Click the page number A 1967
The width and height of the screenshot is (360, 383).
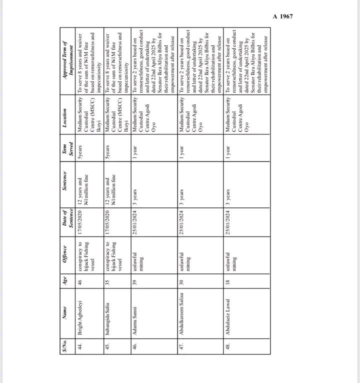[282, 16]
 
